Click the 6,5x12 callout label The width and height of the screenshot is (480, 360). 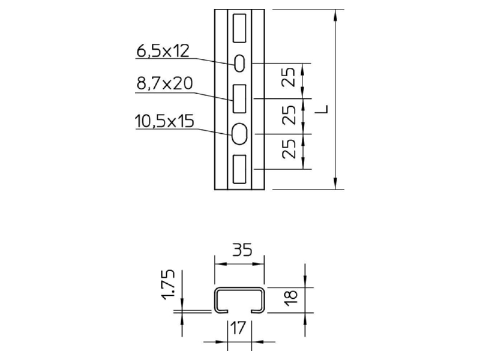pos(163,51)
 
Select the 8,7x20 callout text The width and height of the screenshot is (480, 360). pos(164,83)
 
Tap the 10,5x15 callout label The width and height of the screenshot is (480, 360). pos(164,121)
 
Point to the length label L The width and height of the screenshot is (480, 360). pos(322,109)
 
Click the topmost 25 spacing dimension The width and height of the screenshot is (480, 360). pos(289,77)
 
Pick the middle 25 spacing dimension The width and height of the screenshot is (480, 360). pos(289,115)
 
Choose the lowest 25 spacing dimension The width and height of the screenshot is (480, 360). pos(289,149)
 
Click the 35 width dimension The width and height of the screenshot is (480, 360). pos(242,250)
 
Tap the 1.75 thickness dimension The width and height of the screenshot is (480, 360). pos(168,284)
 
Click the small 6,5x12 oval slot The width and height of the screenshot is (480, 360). pos(239,64)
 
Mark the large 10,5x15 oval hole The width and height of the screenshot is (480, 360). pos(239,133)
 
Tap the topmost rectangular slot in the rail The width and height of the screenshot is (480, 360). pos(239,28)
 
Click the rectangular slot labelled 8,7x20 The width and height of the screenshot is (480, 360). pos(239,98)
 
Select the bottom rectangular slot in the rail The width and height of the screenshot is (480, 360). pos(239,169)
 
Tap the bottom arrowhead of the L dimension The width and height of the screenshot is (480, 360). pos(336,184)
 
